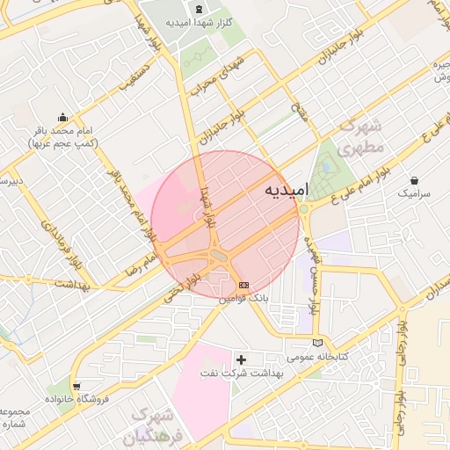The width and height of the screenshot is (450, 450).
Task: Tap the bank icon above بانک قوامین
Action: click(243, 285)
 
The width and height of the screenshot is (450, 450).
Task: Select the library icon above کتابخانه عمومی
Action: click(318, 342)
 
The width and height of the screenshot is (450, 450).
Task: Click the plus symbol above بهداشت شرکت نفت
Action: click(242, 359)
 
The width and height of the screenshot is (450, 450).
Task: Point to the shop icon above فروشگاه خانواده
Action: click(77, 385)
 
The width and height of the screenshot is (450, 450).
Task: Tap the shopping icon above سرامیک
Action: click(414, 179)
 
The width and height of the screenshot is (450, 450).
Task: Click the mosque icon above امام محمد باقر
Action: click(62, 117)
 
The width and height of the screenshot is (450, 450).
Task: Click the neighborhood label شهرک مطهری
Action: click(361, 136)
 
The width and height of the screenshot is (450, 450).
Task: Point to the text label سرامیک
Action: click(414, 192)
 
